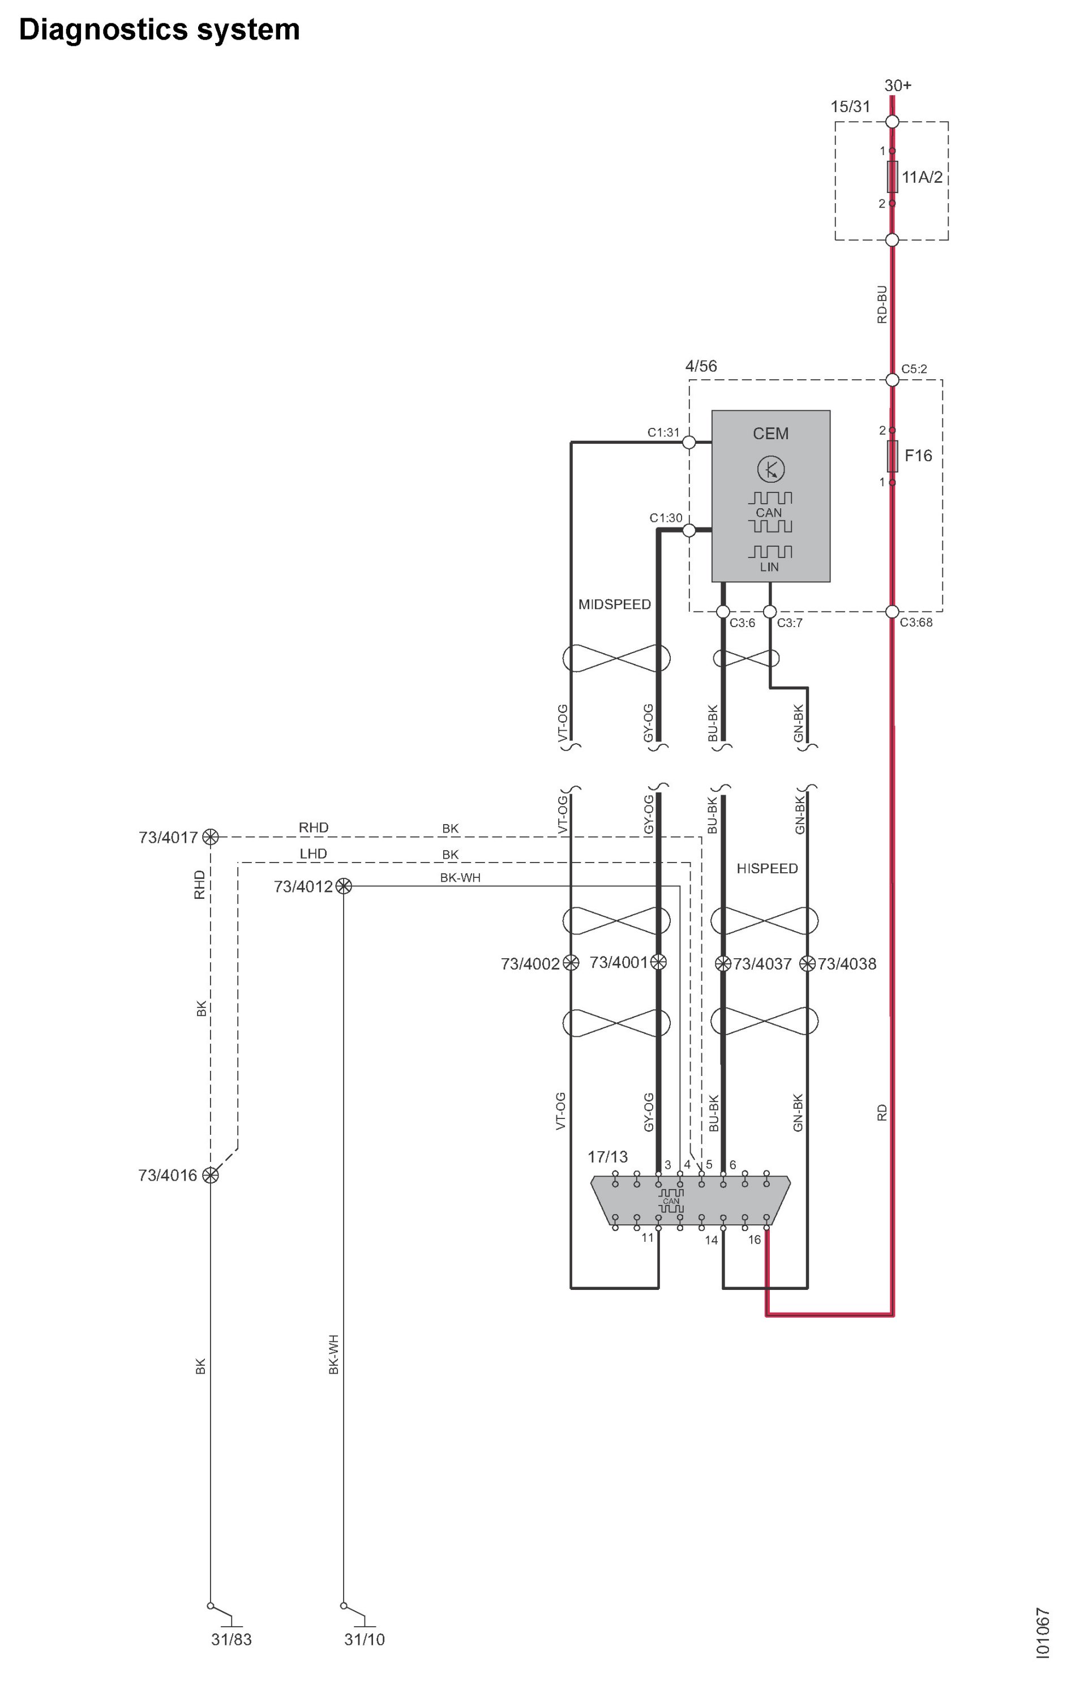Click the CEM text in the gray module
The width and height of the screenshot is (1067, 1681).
point(770,434)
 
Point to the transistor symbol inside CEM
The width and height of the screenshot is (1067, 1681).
point(771,469)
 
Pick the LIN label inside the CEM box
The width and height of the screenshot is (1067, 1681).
point(769,567)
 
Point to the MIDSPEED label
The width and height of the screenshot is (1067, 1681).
point(615,604)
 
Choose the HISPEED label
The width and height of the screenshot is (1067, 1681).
point(767,868)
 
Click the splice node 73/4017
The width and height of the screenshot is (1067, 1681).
point(210,837)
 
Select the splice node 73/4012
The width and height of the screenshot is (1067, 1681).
point(344,886)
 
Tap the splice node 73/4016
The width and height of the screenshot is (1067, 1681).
point(210,1175)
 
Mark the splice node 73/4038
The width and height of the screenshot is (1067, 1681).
point(807,963)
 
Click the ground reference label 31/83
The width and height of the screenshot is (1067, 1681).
point(231,1639)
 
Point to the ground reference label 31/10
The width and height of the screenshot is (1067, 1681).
point(364,1639)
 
